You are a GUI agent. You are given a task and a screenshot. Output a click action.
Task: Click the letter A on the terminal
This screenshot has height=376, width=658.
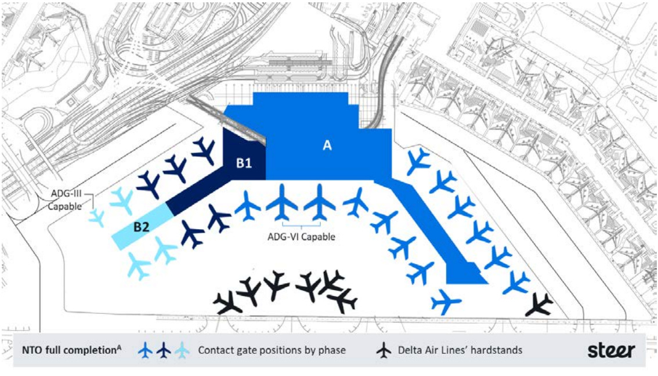pos(327,146)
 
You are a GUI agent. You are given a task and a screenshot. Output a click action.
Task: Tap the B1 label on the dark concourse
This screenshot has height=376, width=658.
pos(244,163)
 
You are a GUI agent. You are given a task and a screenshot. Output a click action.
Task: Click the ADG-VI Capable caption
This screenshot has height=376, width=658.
pos(301,237)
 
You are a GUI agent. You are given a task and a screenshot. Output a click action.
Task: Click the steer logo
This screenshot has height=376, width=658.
pos(612,350)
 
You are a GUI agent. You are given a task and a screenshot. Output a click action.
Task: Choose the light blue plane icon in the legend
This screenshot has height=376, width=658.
pos(182,350)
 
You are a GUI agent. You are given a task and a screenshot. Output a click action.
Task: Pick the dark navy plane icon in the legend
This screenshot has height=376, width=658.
pos(164,350)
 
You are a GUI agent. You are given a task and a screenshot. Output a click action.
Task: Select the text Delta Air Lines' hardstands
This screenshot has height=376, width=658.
pos(460,350)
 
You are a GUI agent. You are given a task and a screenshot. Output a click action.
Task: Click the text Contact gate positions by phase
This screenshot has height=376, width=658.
pos(272,350)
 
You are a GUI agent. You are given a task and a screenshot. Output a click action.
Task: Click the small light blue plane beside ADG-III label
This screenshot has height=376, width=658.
pos(97,217)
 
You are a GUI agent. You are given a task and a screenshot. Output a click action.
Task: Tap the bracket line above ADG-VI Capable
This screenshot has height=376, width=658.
pos(301,224)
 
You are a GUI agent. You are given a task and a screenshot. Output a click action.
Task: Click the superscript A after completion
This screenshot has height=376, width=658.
pos(120,347)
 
